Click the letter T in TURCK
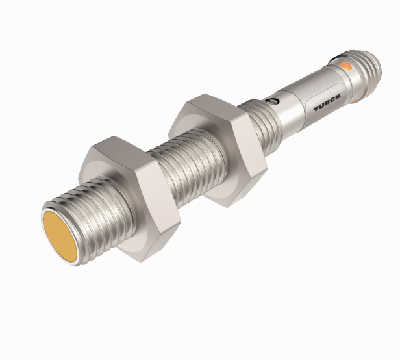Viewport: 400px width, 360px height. pyautogui.click(x=317, y=107)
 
